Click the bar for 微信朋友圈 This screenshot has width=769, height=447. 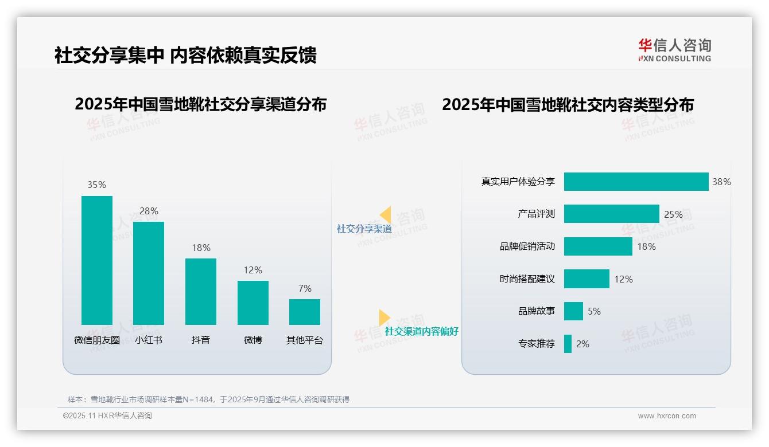pyautogui.click(x=97, y=260)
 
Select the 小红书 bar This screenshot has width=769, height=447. pyautogui.click(x=149, y=273)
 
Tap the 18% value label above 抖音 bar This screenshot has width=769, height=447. pyautogui.click(x=201, y=248)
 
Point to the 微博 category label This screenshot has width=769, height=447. pyautogui.click(x=253, y=340)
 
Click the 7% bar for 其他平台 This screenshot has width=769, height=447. pyautogui.click(x=305, y=312)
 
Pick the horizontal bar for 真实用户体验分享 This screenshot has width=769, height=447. pyautogui.click(x=636, y=182)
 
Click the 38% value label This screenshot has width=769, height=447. pyautogui.click(x=721, y=182)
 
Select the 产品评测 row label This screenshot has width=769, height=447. pyautogui.click(x=536, y=214)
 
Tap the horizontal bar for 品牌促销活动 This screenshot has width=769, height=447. pyautogui.click(x=598, y=246)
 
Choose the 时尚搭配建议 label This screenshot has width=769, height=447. pyautogui.click(x=527, y=279)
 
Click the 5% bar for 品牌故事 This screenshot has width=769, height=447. pyautogui.click(x=573, y=311)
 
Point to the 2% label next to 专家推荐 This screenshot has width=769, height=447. pyautogui.click(x=582, y=344)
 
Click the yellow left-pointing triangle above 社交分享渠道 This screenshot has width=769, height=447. pyautogui.click(x=385, y=215)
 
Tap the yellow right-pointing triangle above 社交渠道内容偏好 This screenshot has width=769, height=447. pyautogui.click(x=384, y=317)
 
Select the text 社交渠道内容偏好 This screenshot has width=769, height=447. pyautogui.click(x=421, y=332)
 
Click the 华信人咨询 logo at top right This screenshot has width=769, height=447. pyautogui.click(x=674, y=50)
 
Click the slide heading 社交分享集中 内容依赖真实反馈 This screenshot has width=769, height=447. pyautogui.click(x=185, y=56)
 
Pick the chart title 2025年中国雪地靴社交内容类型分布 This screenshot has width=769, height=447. pyautogui.click(x=568, y=105)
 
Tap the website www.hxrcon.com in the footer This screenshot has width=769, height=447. pyautogui.click(x=667, y=416)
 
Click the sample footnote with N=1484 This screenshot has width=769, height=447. pyautogui.click(x=208, y=399)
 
